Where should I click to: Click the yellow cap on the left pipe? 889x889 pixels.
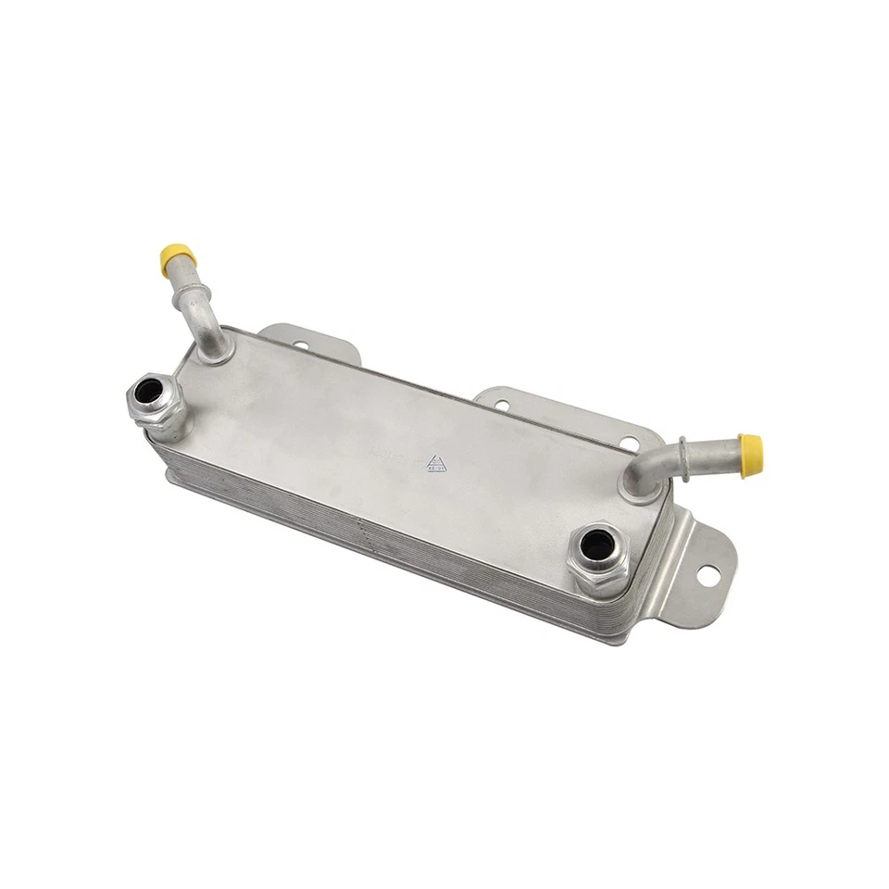point(176,257)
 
